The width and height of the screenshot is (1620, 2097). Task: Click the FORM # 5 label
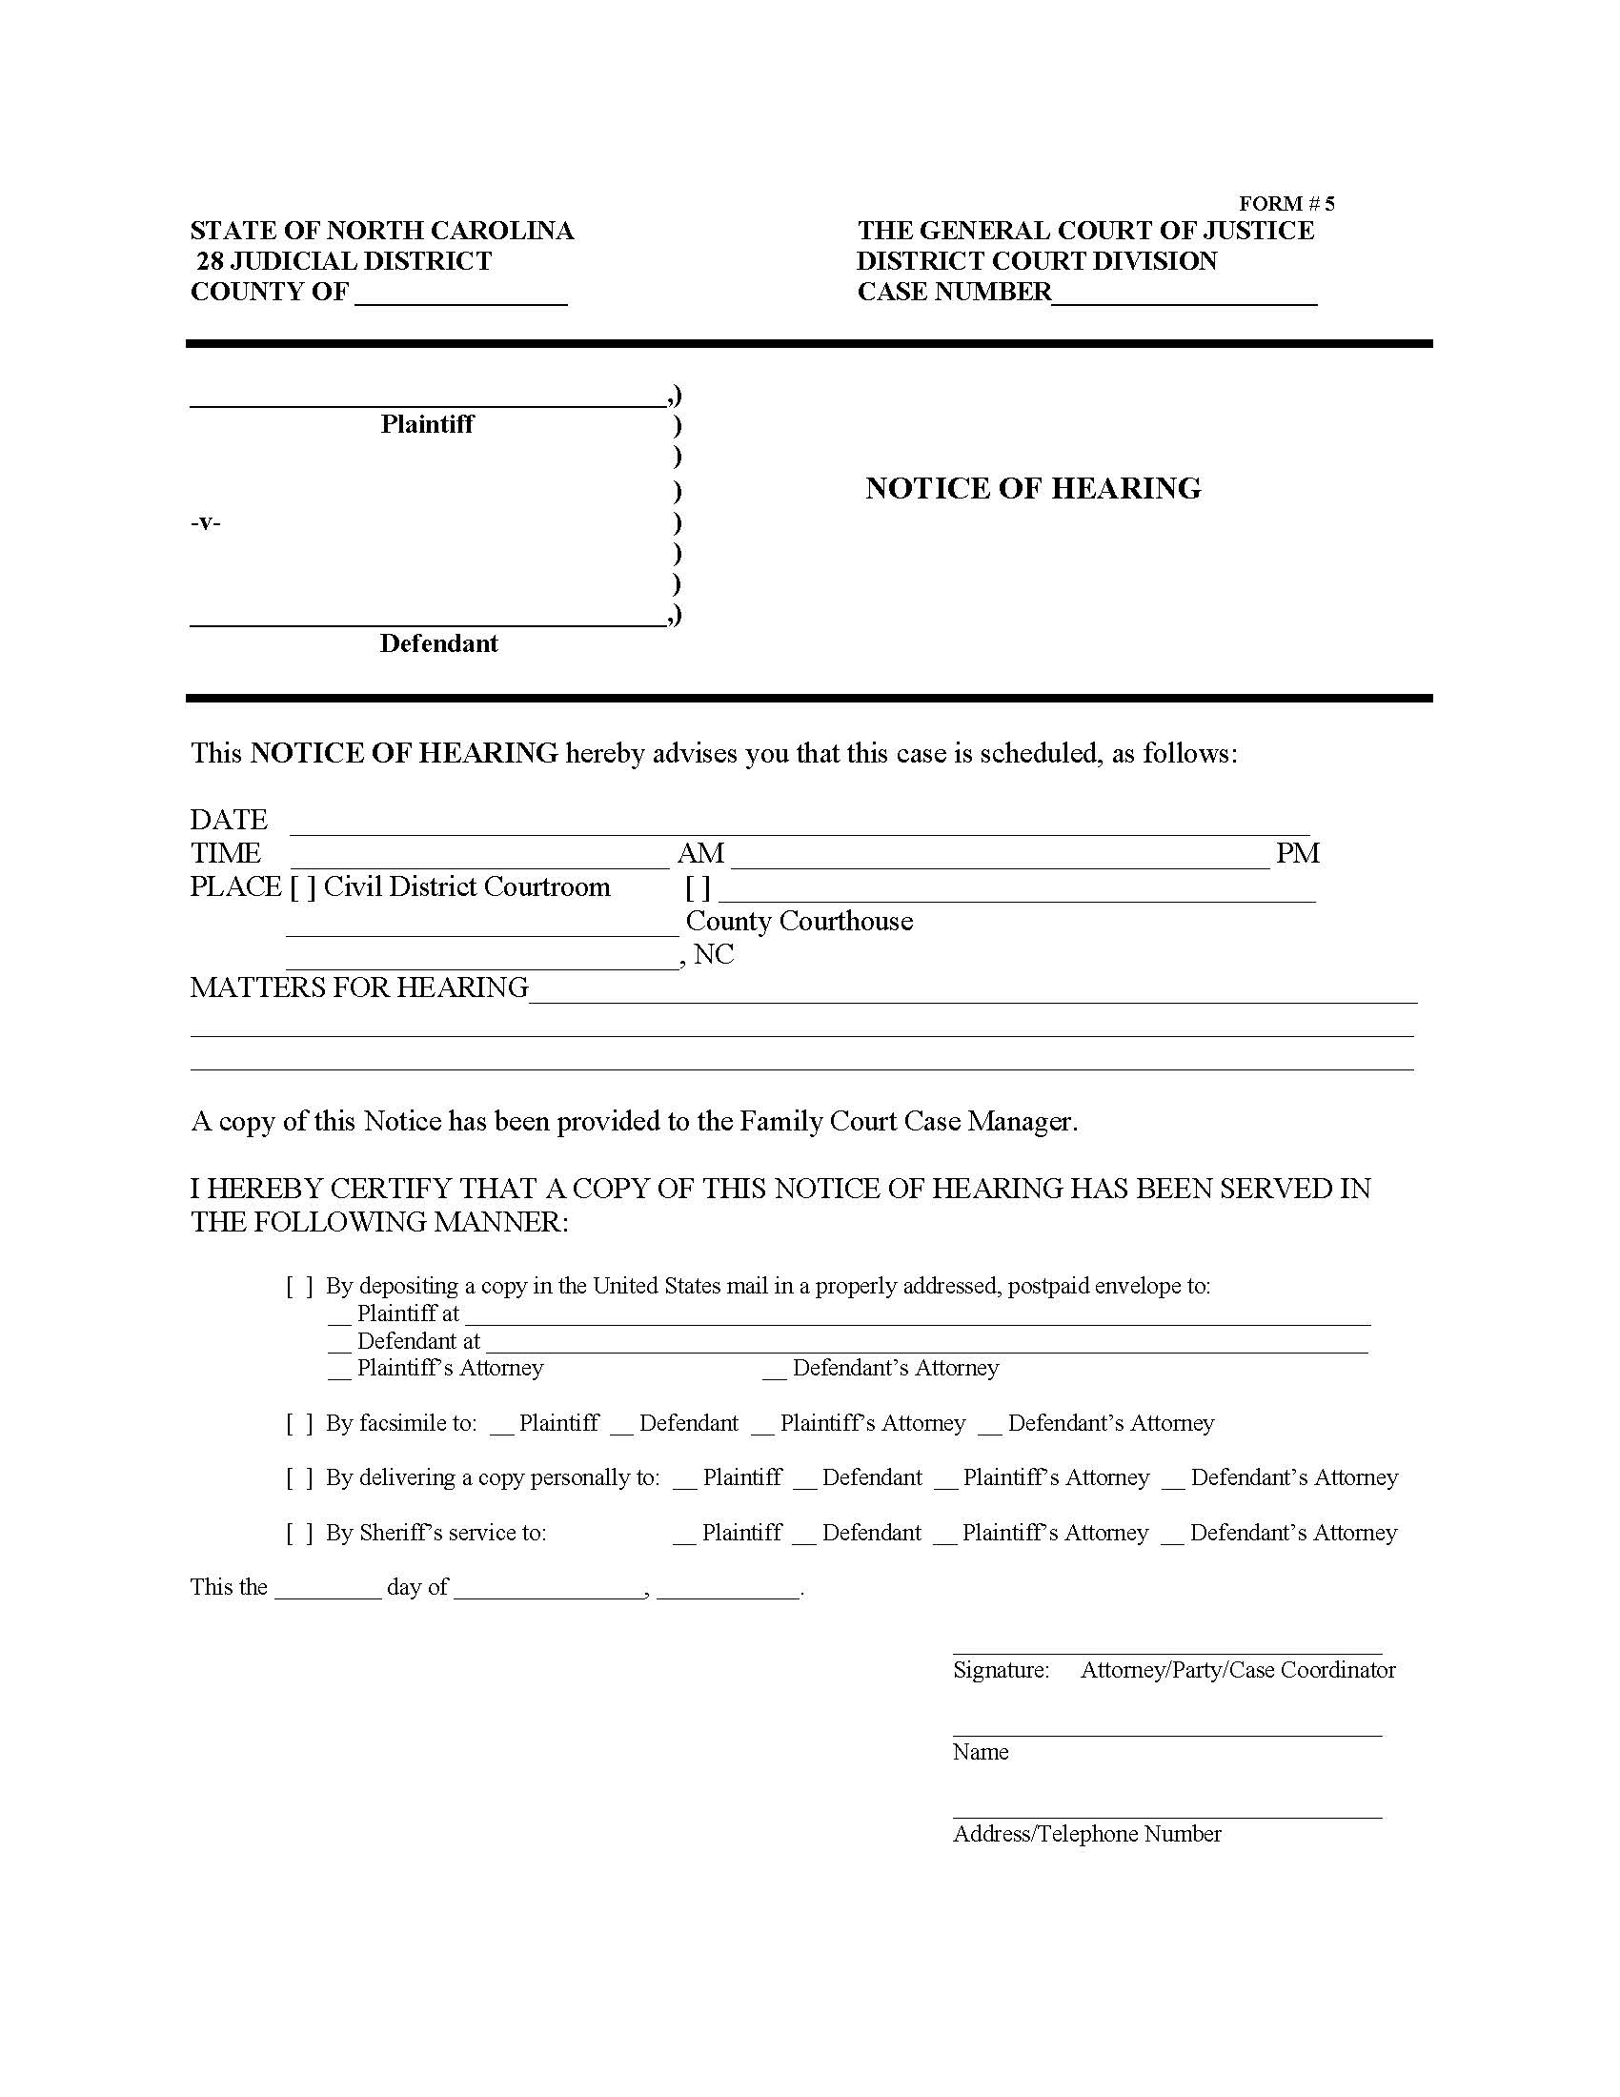click(x=1286, y=204)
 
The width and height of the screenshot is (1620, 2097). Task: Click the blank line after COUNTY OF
click(x=460, y=294)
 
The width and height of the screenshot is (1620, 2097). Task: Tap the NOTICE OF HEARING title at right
click(x=1033, y=488)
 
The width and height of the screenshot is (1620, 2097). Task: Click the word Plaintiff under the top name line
click(x=426, y=424)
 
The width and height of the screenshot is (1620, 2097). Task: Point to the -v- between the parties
click(x=206, y=523)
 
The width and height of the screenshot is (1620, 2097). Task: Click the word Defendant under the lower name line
click(x=438, y=643)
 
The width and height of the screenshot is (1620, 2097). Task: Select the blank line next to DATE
click(x=799, y=823)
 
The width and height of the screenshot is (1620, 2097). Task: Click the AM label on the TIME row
click(x=700, y=854)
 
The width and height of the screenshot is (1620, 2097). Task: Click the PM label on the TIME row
click(x=1298, y=854)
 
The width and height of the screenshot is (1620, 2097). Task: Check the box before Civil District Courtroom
click(x=303, y=887)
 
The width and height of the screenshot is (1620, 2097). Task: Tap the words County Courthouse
click(x=799, y=922)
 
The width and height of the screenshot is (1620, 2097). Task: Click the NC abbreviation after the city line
click(x=713, y=954)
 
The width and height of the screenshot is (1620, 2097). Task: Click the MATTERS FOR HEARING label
click(x=359, y=988)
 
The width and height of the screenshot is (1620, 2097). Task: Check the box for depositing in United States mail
click(x=299, y=1287)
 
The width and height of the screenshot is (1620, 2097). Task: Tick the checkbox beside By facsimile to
click(x=299, y=1423)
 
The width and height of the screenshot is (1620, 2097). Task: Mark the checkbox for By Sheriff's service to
click(x=299, y=1533)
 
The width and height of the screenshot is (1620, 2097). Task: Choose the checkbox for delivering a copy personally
click(x=299, y=1477)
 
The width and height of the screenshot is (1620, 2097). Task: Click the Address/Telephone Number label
click(x=1086, y=1834)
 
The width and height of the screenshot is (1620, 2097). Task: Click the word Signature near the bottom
click(x=1001, y=1670)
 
